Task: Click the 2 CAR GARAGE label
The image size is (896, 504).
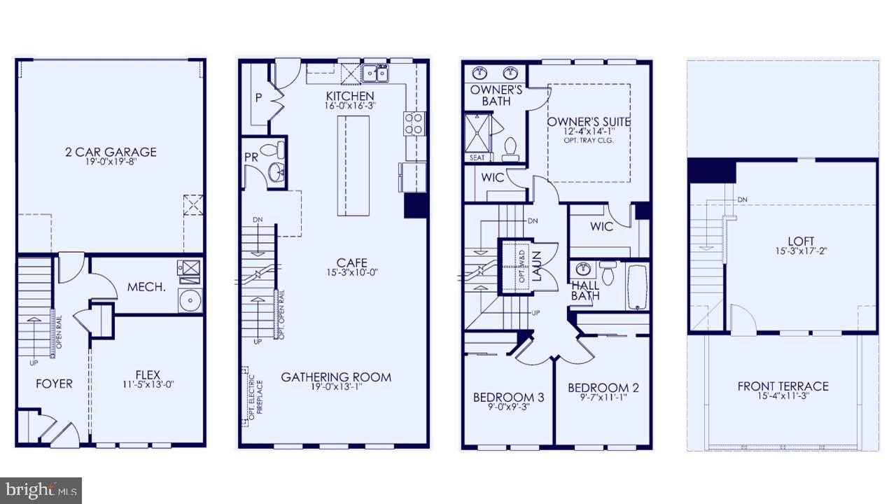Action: click(111, 152)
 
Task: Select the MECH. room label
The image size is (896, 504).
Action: click(146, 287)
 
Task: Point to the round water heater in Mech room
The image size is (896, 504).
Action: click(189, 300)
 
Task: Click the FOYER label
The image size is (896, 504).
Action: click(54, 384)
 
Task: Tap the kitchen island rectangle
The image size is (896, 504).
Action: click(353, 165)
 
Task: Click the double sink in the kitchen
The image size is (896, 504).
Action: click(375, 72)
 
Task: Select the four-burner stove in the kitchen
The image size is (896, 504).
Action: click(414, 123)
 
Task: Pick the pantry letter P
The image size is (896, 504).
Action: click(258, 98)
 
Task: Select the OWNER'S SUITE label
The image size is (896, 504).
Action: click(589, 122)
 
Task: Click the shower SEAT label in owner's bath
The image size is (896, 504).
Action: click(477, 158)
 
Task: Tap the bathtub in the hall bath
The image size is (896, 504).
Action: click(638, 286)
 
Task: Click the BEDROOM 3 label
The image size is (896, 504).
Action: click(508, 398)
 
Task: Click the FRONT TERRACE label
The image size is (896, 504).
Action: click(783, 386)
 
